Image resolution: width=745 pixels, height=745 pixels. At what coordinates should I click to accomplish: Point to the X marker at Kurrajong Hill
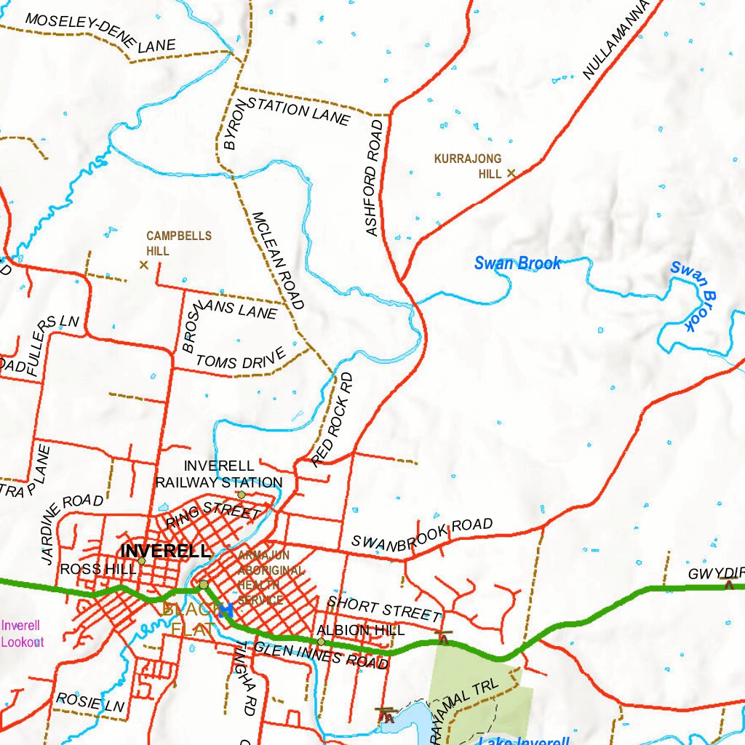[511, 173]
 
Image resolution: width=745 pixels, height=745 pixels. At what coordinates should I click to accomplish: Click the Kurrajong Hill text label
[468, 166]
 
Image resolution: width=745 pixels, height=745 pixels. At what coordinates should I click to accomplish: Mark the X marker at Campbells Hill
[143, 265]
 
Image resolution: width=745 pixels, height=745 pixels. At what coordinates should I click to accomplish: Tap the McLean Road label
[278, 260]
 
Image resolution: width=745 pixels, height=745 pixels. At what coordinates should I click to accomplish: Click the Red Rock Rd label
[332, 419]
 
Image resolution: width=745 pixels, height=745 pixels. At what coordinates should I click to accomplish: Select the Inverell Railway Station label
[219, 474]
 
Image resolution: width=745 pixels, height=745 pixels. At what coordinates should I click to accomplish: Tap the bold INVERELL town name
[166, 551]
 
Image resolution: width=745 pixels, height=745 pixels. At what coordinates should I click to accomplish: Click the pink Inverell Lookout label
[22, 634]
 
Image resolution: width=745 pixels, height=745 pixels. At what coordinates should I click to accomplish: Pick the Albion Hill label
[360, 630]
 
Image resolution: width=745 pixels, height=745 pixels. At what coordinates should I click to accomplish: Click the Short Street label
[383, 608]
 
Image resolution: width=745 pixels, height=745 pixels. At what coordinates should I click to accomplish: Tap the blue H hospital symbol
[226, 610]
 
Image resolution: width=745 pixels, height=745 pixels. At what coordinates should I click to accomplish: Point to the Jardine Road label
[71, 528]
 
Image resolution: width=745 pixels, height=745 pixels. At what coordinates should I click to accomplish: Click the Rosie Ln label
[90, 702]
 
